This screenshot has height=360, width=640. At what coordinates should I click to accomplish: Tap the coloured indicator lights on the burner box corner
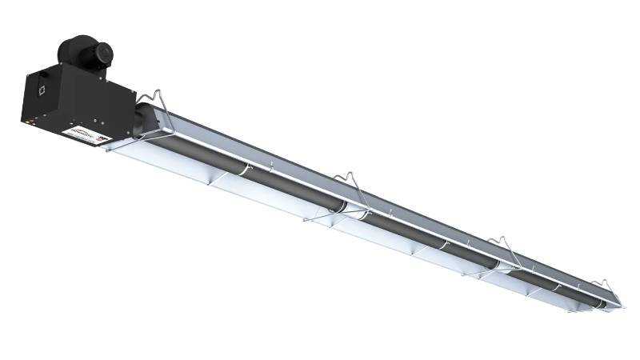(x=26, y=122)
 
